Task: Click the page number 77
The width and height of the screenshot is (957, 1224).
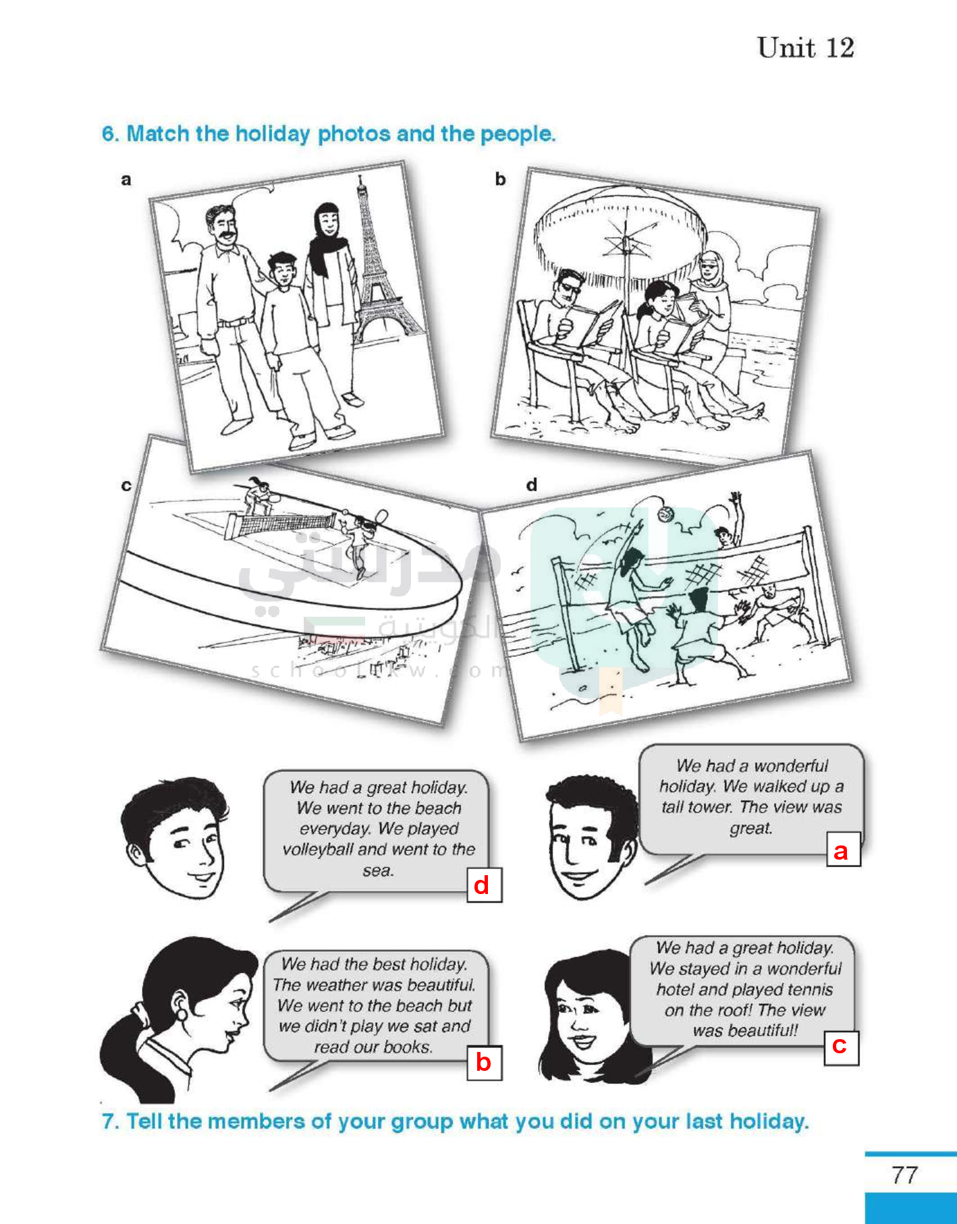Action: pyautogui.click(x=904, y=1175)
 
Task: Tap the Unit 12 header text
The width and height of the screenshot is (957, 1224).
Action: pyautogui.click(x=805, y=48)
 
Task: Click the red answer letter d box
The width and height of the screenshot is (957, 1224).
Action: pyautogui.click(x=485, y=885)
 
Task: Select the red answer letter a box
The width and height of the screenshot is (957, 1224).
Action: pyautogui.click(x=844, y=850)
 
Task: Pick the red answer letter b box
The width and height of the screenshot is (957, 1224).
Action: pyautogui.click(x=485, y=1063)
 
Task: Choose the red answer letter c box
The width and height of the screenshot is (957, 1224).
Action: pyautogui.click(x=841, y=1047)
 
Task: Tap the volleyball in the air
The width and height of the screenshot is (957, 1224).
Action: pyautogui.click(x=665, y=513)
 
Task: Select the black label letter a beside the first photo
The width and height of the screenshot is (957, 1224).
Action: pyautogui.click(x=126, y=179)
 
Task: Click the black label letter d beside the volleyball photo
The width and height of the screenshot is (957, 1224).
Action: pyautogui.click(x=532, y=484)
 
